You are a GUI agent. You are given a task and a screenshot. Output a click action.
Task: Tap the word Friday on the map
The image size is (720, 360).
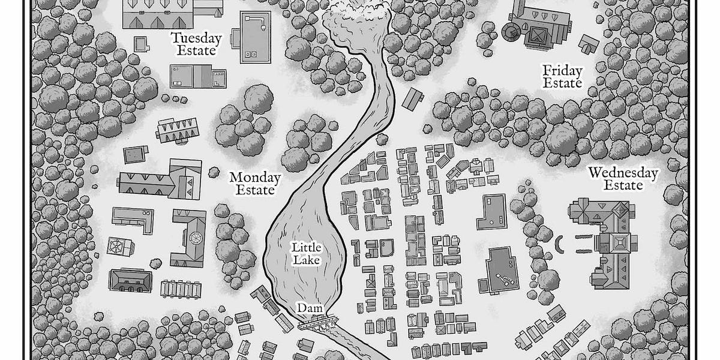coord(562,71)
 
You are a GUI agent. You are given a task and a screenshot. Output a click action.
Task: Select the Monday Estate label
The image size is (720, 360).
coord(255,184)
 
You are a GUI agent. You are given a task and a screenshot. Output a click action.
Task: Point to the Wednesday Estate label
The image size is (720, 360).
coord(623,179)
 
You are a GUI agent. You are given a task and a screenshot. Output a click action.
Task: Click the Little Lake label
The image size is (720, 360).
coord(307,253)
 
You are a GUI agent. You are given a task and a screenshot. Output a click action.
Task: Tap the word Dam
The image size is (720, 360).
coord(310,308)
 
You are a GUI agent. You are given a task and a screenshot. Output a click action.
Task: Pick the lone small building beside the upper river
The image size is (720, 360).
coord(413,98)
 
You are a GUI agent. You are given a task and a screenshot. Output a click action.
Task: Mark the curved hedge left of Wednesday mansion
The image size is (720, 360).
coord(559,244)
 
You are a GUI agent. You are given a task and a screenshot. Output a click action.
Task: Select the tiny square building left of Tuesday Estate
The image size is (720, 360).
coord(140,44)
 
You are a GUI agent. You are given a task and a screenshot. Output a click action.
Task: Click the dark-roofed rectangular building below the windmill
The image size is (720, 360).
coord(130,280)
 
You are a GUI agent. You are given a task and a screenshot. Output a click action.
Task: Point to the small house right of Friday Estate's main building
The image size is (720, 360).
coord(589,43)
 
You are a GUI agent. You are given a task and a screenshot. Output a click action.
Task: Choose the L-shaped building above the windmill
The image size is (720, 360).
coord(133,220)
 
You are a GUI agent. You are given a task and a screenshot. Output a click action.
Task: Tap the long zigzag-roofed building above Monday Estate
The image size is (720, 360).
coord(178,130)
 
